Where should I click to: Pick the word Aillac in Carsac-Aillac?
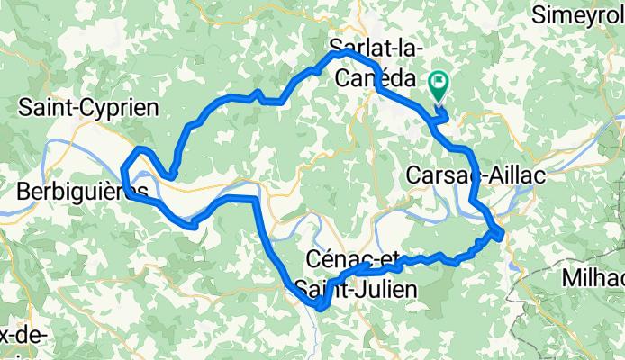(x=515, y=176)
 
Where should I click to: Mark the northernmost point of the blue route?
(x=339, y=53)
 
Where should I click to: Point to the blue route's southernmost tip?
(x=319, y=308)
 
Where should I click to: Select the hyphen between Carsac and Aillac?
(x=485, y=177)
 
